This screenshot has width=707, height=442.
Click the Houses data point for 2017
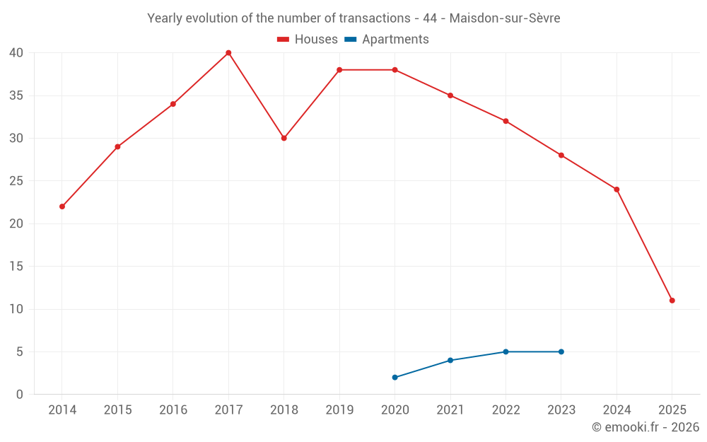(228, 53)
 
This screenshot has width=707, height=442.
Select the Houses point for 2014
(62, 207)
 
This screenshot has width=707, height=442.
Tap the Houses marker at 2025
(672, 301)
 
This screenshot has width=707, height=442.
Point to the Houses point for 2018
(284, 138)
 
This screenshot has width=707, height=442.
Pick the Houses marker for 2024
(617, 190)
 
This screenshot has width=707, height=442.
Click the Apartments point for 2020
(395, 378)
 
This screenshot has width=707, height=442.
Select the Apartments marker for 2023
(561, 351)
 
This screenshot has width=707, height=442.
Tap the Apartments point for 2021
(450, 361)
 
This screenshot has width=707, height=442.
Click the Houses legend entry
(308, 40)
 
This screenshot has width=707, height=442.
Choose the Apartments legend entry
(387, 40)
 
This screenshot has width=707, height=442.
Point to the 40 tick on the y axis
(16, 53)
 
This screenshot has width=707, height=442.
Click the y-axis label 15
(16, 267)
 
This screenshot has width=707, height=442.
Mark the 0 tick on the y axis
(20, 395)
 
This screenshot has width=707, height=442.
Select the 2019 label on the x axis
(339, 410)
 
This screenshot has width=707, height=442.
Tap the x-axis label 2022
(506, 410)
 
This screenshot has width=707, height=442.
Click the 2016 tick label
(173, 410)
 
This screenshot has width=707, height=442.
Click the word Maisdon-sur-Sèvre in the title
(506, 18)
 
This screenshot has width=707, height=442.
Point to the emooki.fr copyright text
(645, 427)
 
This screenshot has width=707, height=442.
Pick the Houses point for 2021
(450, 95)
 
